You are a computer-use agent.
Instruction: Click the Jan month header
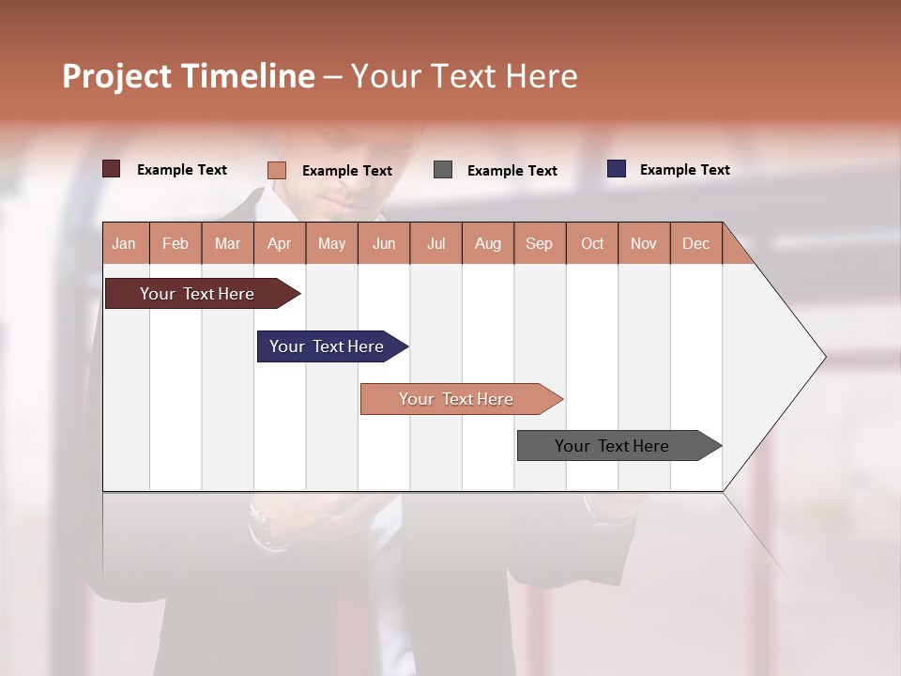(124, 243)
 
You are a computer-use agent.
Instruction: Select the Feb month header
(176, 243)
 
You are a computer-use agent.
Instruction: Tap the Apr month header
(279, 243)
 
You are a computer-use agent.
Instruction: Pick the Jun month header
(384, 243)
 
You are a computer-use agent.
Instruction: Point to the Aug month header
(487, 243)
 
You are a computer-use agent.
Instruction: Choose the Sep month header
(539, 243)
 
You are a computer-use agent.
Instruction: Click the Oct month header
(592, 243)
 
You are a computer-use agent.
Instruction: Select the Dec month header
(695, 243)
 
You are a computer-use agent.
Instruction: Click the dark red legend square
(111, 169)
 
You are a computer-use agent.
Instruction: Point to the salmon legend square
(276, 170)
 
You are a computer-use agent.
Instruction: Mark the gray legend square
(443, 170)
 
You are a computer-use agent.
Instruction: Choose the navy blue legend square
(616, 169)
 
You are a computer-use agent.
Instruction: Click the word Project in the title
(117, 76)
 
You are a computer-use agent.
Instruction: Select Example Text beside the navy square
(684, 170)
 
